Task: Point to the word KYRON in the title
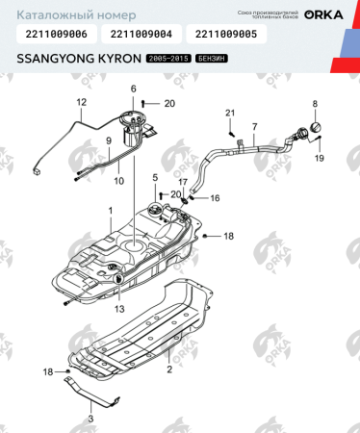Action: [x=115, y=59]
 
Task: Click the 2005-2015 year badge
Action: [x=168, y=60]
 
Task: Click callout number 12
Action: [x=80, y=101]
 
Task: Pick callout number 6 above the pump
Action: [x=134, y=89]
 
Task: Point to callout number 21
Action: [x=230, y=115]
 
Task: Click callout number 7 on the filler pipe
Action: [x=254, y=127]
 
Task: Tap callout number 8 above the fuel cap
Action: [x=314, y=103]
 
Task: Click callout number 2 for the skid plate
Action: [x=168, y=369]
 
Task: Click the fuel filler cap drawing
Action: [x=311, y=130]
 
